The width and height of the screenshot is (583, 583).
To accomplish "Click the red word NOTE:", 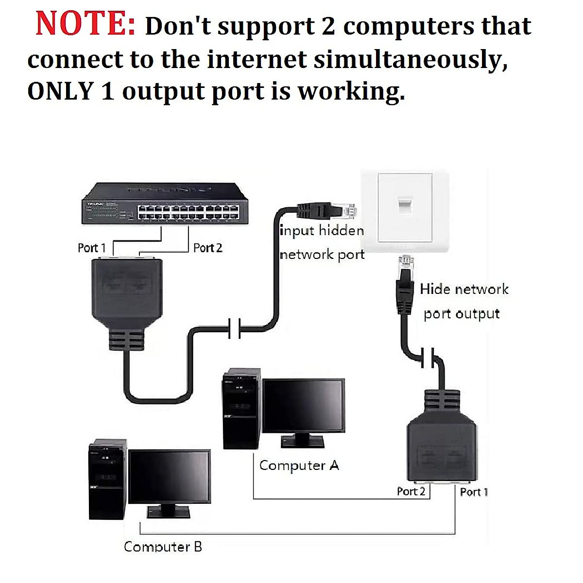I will [x=85, y=24].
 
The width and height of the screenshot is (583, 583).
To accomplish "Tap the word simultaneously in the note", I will [x=410, y=59].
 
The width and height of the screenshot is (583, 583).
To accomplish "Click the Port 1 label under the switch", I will [x=91, y=248].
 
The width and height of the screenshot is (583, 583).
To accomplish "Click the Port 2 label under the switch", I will [x=207, y=248].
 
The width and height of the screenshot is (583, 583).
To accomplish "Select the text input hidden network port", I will [x=322, y=242].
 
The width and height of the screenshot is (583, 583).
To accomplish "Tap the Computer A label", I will [x=299, y=465].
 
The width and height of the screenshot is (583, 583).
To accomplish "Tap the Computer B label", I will [x=163, y=547].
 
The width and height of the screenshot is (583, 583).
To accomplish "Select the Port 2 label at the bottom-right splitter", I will [x=411, y=491].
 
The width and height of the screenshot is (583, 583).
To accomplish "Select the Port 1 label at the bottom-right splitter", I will [x=473, y=492].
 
